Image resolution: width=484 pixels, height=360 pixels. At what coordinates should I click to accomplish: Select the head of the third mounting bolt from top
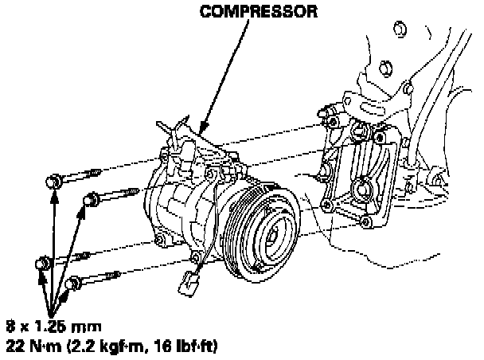coord(42,263)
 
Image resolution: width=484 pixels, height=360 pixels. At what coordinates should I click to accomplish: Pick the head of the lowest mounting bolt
coord(74,283)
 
